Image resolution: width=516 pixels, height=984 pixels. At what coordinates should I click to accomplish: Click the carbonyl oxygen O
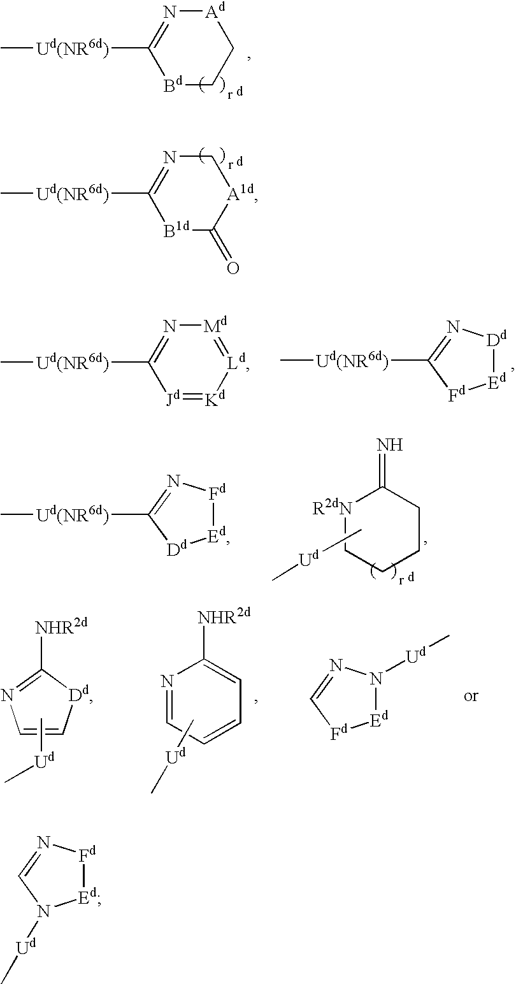click(233, 268)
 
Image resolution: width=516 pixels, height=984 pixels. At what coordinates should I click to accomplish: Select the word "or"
click(471, 695)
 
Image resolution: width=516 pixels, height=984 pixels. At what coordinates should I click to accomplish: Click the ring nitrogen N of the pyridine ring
click(168, 681)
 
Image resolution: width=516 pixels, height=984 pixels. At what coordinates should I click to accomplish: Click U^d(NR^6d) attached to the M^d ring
click(72, 364)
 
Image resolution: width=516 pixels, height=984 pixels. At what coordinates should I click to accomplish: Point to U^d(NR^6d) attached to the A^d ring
click(72, 48)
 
